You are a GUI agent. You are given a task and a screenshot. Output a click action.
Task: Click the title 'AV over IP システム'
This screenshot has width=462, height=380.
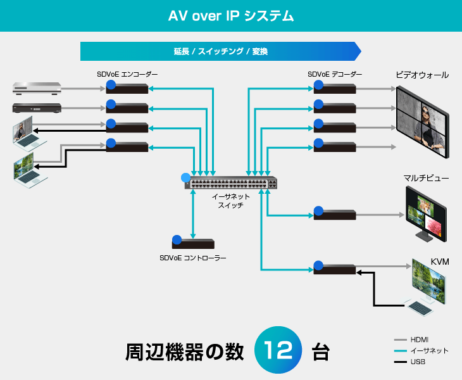230,15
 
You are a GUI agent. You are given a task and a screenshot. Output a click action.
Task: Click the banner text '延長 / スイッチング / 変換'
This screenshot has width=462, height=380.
220,51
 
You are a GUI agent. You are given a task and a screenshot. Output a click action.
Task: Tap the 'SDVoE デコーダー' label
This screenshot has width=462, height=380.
335,75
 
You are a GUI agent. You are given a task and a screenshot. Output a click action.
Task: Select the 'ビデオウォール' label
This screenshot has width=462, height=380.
422,75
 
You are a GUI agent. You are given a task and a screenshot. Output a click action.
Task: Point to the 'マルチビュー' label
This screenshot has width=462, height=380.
426,179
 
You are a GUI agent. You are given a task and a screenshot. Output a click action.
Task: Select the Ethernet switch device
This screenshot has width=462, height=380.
231,183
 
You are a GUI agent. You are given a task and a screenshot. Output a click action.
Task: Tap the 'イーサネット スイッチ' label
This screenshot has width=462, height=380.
230,201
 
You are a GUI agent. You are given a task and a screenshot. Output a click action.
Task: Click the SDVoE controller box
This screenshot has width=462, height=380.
193,242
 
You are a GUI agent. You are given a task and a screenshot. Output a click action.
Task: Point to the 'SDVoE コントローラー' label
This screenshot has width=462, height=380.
193,258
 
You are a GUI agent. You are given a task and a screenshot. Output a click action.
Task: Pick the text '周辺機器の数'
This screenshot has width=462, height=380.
185,352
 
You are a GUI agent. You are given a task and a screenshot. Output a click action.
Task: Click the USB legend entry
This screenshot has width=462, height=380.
418,362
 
